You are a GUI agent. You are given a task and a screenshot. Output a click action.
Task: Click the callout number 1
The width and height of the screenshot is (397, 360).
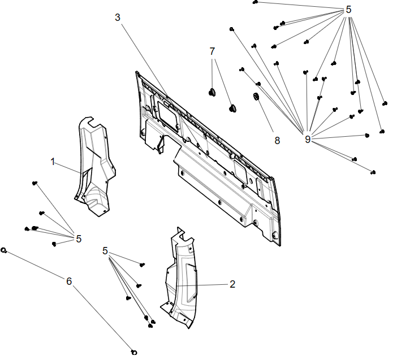pos(53,162)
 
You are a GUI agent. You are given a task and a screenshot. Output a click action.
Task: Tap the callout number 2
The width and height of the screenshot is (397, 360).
pos(232,284)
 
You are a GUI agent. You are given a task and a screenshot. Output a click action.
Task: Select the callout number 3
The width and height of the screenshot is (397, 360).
pos(118,17)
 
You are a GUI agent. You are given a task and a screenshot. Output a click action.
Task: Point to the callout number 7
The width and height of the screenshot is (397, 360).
pos(213,51)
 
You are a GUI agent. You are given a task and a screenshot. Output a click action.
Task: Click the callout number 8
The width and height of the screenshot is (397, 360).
pos(277,141)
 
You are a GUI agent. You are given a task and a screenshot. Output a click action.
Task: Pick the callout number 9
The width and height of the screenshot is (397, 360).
pos(308,139)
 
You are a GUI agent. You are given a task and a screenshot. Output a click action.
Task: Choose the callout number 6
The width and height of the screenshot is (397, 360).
pos(69,281)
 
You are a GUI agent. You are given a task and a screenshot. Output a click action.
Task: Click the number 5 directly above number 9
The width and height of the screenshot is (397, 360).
pos(348,10)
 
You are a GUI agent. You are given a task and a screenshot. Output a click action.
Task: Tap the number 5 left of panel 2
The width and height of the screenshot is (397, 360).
pos(105,250)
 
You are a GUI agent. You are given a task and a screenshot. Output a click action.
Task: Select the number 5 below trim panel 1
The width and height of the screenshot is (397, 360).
pos(79,238)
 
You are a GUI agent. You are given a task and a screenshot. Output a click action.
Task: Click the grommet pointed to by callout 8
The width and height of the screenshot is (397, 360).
pos(255,97)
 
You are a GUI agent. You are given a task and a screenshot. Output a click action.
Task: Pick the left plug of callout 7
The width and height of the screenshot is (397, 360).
pos(213,92)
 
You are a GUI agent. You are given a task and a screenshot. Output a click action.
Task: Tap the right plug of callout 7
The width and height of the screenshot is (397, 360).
pos(232,107)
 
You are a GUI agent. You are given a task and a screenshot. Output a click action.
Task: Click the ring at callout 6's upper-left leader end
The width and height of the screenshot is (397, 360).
pos(4,250)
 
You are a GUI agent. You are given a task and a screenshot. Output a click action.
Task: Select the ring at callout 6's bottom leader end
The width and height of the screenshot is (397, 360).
pos(134,352)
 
